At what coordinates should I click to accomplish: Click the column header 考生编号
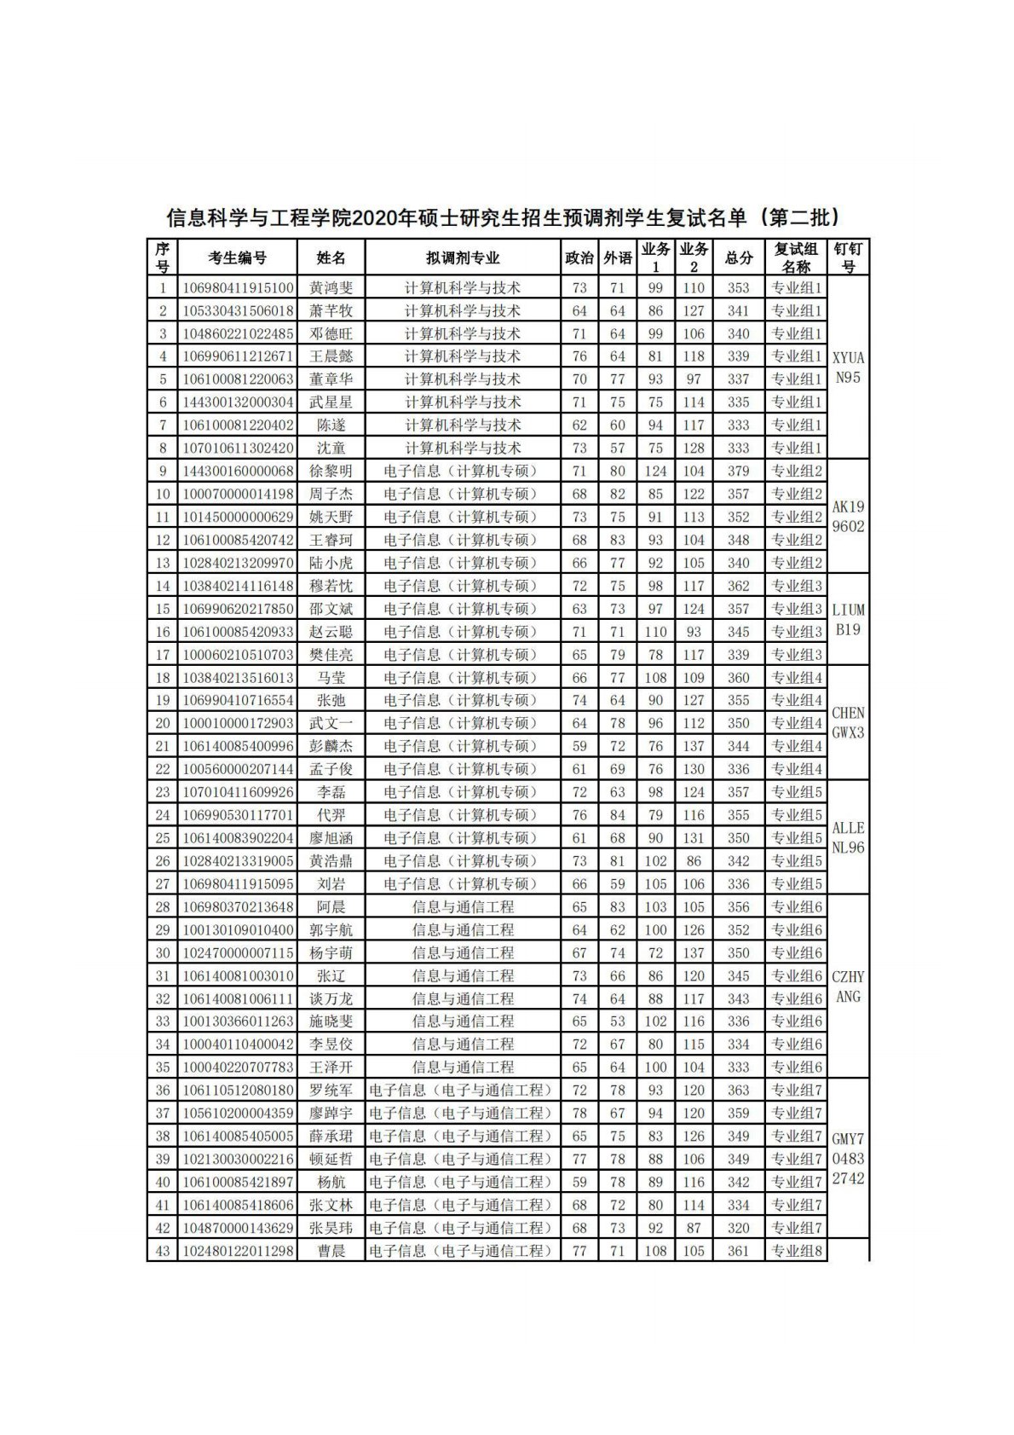click(x=237, y=258)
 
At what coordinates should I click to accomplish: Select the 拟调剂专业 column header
click(x=463, y=258)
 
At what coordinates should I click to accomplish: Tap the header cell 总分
click(x=738, y=258)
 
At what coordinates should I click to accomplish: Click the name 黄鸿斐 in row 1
click(x=331, y=288)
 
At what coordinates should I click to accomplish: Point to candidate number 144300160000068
click(x=237, y=472)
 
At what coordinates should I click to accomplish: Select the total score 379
click(x=738, y=472)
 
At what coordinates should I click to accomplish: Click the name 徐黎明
click(x=331, y=472)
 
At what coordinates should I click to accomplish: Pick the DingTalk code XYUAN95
click(x=848, y=368)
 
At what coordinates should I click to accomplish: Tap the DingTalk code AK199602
click(x=848, y=517)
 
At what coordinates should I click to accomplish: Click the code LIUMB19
click(x=848, y=620)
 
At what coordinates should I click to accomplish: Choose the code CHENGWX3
click(x=848, y=723)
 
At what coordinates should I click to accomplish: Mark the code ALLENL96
click(x=848, y=837)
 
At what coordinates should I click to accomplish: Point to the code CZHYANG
click(x=848, y=987)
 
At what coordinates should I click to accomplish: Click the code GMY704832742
click(x=848, y=1158)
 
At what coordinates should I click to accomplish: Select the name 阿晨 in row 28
click(x=331, y=907)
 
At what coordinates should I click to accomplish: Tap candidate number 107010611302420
click(x=237, y=448)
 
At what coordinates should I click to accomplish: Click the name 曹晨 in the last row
click(x=331, y=1251)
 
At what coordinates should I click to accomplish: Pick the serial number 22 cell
click(x=162, y=769)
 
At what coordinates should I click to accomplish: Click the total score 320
click(x=738, y=1228)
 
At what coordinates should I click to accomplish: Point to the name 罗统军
click(x=331, y=1091)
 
